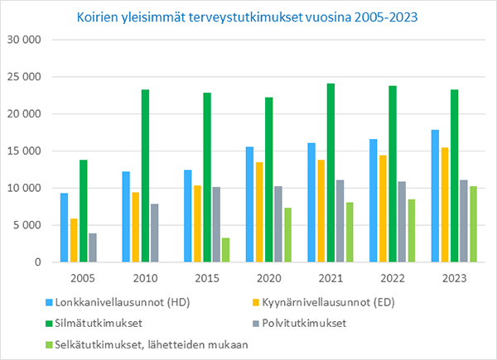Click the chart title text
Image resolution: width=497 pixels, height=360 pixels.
coord(247,17)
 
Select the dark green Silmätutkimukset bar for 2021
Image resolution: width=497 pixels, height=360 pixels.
coord(331,173)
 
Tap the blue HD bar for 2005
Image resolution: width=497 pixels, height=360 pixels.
coord(64,228)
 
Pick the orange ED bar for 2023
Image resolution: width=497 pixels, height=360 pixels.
coord(445,205)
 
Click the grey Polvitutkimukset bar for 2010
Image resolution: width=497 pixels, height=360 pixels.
coord(155,233)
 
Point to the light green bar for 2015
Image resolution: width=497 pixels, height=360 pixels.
coord(225,250)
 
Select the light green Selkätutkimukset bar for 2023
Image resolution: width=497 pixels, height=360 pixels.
coord(473,224)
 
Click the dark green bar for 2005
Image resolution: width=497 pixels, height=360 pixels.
coord(84,211)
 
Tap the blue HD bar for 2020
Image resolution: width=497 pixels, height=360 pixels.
coord(250,204)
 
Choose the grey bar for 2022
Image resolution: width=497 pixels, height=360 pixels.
coord(402,222)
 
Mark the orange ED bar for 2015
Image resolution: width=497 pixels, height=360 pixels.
coord(197,223)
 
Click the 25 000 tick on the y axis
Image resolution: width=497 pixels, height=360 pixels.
coord(24,77)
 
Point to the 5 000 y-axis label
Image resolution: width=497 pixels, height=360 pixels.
coord(27,225)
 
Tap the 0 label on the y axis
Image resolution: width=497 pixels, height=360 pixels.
coord(38,262)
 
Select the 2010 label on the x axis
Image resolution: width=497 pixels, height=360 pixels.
coord(145,278)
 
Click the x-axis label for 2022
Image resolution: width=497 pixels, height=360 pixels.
coord(393,278)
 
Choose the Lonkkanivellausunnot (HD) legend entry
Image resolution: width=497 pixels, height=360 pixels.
coord(118,302)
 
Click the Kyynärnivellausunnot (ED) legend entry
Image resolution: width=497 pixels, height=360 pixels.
coord(324,302)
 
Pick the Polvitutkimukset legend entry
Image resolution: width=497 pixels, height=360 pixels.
coord(299,324)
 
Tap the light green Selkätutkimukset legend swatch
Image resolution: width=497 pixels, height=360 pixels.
coord(49,344)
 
